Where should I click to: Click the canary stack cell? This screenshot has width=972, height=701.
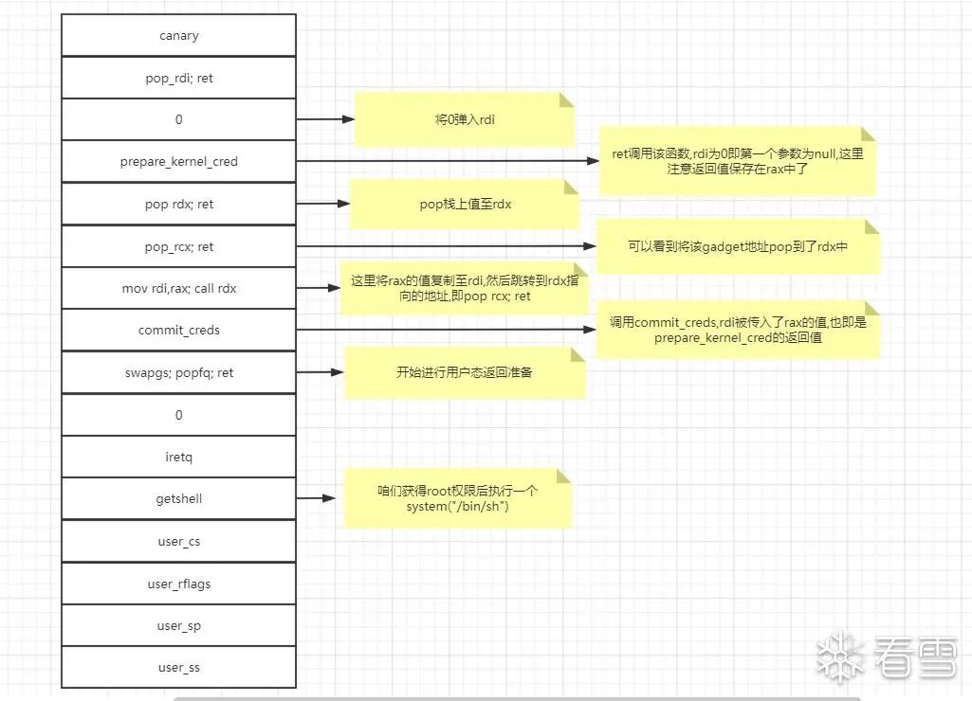point(178,36)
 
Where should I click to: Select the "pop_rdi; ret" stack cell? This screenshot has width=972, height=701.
point(178,78)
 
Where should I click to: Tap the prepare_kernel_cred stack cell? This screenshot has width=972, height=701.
point(178,162)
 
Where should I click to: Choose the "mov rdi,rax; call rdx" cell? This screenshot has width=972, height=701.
point(178,288)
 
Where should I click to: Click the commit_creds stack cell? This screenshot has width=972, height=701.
point(178,331)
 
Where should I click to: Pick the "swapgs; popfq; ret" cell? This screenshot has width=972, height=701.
point(178,372)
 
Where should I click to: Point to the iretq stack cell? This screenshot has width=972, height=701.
point(178,457)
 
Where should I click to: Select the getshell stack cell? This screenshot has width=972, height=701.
point(178,498)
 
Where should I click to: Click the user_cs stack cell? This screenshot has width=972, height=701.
point(178,542)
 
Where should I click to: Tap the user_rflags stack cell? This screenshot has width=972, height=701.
point(178,584)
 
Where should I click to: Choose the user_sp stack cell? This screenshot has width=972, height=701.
point(178,626)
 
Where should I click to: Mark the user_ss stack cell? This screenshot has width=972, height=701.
point(178,668)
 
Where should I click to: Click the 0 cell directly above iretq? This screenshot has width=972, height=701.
point(178,415)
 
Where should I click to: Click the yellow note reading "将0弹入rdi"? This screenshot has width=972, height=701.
point(464,120)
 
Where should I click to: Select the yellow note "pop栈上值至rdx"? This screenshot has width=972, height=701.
point(465,204)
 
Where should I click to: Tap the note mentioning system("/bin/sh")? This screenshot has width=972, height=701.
point(457,498)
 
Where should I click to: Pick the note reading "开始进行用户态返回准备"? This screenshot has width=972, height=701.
point(464,372)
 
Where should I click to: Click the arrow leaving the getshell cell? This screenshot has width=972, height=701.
point(318,498)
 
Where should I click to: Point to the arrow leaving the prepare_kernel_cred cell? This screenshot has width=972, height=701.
point(446,162)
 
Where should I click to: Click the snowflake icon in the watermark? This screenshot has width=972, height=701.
point(840,655)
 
